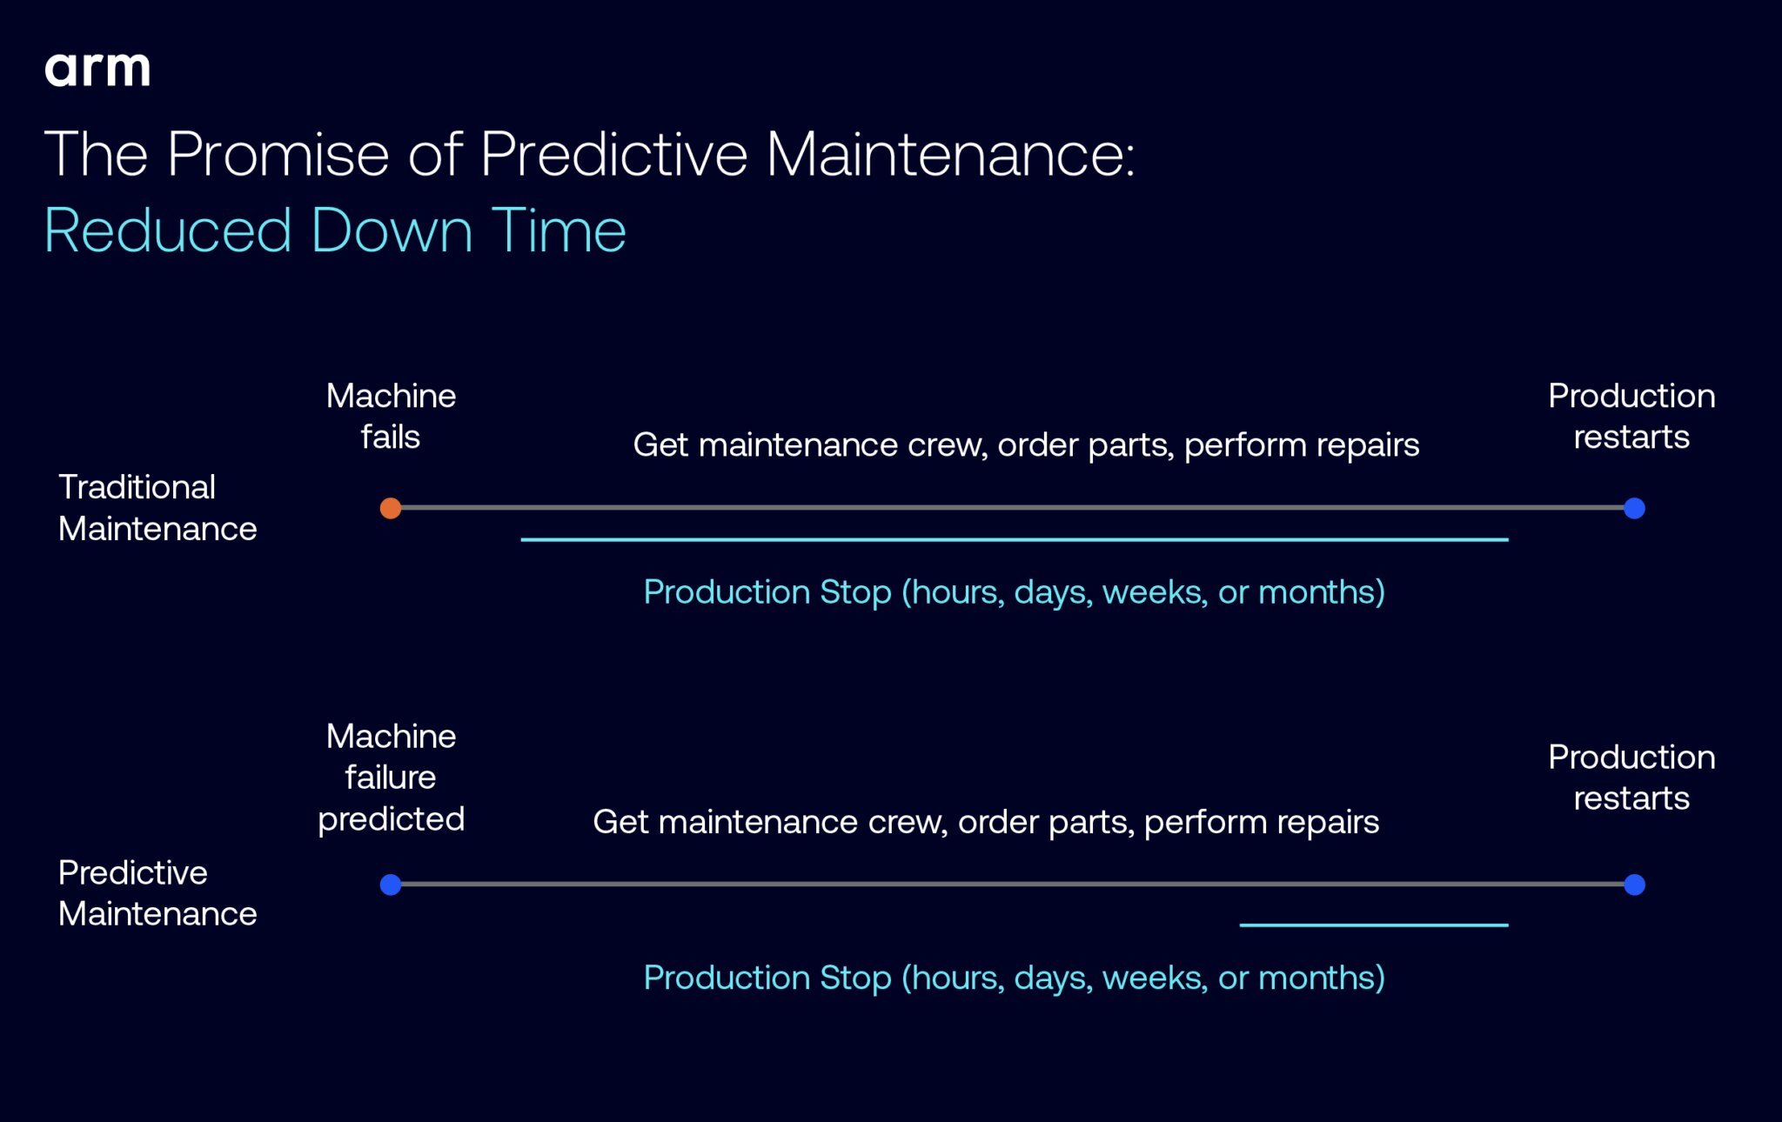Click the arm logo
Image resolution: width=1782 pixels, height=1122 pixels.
pos(97,70)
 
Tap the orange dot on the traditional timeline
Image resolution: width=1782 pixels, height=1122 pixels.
pos(391,508)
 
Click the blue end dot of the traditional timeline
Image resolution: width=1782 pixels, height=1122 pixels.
pos(1634,508)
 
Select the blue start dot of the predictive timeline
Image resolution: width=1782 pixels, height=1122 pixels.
pos(391,885)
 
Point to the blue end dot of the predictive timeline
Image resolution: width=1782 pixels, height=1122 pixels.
pos(1634,885)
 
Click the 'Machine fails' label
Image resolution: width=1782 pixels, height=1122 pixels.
pos(391,416)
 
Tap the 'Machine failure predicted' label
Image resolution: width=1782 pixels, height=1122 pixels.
pos(391,778)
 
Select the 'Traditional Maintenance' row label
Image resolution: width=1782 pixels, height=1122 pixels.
pos(157,508)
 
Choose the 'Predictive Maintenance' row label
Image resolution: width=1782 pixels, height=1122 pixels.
pos(157,893)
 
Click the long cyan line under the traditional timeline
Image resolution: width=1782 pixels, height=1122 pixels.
pos(1015,540)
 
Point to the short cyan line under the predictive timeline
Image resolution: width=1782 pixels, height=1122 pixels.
pos(1374,925)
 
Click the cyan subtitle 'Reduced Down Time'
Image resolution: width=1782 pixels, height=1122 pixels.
pos(335,231)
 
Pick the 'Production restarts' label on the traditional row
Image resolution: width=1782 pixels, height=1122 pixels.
pos(1631,416)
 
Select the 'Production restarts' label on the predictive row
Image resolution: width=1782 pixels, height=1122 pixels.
pos(1631,778)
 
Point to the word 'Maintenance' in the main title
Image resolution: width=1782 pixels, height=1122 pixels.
pos(950,155)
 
